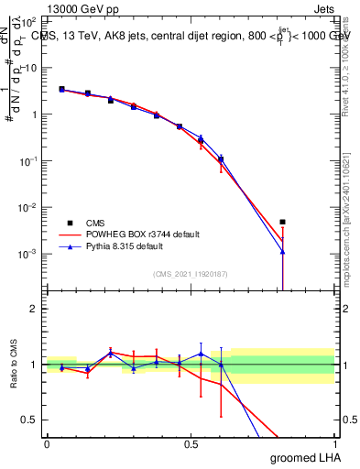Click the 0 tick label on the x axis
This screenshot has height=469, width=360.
pos(47,443)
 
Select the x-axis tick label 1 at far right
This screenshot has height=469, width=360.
pos(333,443)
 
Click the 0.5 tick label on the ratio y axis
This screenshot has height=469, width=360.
pos(30,420)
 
